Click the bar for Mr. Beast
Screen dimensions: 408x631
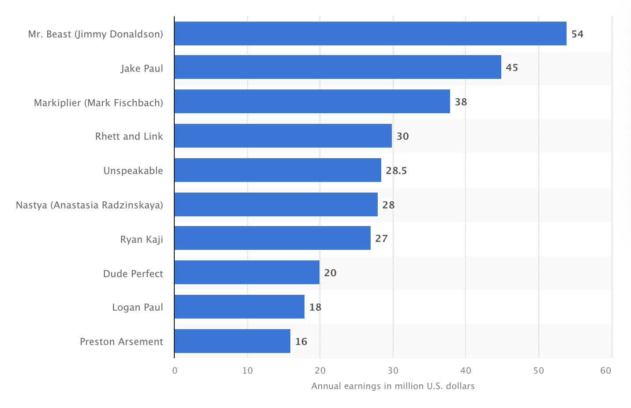370,33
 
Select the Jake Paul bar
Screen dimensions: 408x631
338,67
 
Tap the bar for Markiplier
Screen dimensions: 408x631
312,101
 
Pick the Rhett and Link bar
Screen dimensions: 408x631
283,136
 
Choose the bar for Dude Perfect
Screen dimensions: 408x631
247,272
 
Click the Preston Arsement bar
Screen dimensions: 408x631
232,341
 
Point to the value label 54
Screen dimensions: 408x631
577,34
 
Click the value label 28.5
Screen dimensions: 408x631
396,171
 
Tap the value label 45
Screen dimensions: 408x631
512,67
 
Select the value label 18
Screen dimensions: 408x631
315,307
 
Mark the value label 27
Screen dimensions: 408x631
381,238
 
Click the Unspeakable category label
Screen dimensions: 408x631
133,171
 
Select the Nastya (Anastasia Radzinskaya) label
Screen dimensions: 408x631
90,205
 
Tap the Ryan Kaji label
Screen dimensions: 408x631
142,239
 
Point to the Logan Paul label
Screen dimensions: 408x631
138,307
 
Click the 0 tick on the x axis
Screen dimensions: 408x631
175,371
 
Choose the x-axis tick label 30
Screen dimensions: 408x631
393,371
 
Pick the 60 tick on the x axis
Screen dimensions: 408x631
606,371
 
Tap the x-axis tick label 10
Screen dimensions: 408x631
248,371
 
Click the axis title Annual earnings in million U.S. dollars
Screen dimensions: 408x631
393,386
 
